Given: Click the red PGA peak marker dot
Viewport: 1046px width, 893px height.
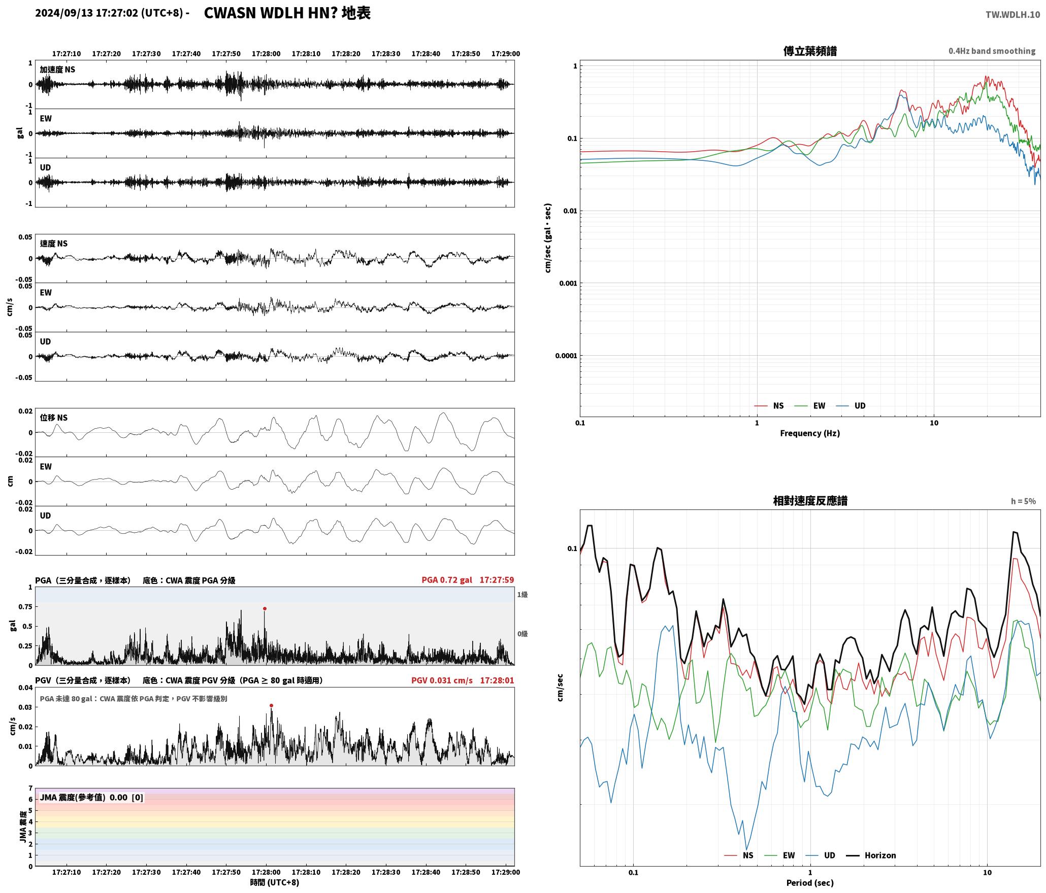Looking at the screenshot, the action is point(265,608).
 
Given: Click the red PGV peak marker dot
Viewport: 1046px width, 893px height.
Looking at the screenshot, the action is point(271,705).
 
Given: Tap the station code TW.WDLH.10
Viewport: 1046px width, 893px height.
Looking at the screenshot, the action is point(1012,15).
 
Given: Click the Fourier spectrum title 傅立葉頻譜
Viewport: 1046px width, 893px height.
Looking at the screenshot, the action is point(810,51).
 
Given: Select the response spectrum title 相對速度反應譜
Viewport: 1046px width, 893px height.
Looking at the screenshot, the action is point(810,501).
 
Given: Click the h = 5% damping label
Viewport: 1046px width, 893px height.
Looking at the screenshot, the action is point(1023,501).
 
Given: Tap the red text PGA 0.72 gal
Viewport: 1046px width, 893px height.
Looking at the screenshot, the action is point(447,580).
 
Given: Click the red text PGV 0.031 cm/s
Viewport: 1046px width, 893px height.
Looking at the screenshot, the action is point(442,680).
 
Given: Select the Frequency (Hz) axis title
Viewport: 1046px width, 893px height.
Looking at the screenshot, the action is point(810,433).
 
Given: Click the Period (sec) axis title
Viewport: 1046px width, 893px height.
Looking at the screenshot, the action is point(810,883).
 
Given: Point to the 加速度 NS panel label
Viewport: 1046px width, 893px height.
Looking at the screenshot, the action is point(57,70).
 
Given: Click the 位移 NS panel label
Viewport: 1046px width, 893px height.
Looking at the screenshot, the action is point(54,418).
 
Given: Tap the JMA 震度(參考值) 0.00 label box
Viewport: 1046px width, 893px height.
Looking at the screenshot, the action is point(91,798).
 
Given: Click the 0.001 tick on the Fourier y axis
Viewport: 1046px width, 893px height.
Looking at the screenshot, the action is point(568,283).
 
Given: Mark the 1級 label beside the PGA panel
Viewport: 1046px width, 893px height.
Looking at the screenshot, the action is point(522,595).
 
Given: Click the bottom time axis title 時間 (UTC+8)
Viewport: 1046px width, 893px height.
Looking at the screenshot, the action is point(275,882).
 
